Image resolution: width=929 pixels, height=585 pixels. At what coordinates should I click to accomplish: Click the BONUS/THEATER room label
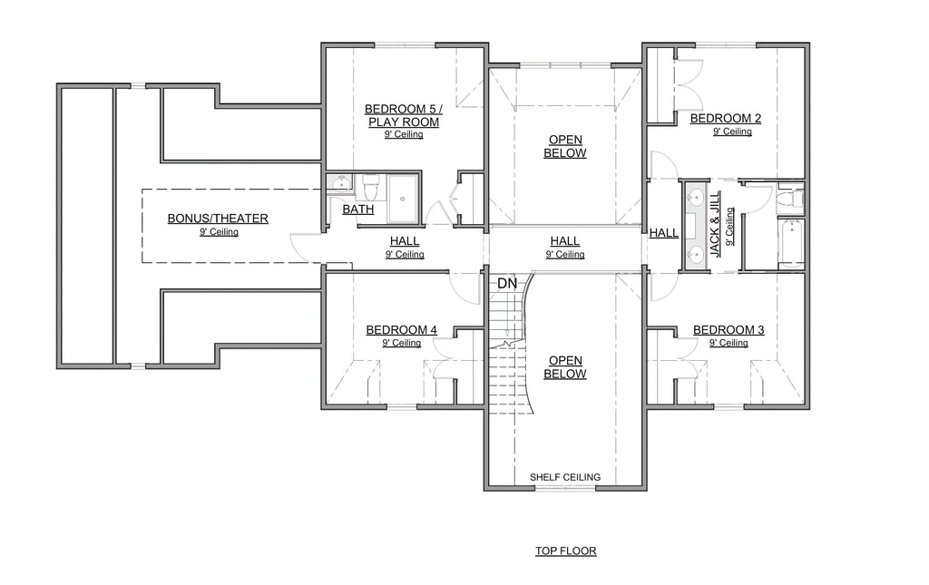[218, 219]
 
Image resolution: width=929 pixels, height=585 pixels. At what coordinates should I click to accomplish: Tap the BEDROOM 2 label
[725, 119]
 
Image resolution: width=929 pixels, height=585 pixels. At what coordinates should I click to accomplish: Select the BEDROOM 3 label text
[729, 330]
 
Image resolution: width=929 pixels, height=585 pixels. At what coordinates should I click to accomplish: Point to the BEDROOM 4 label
[401, 330]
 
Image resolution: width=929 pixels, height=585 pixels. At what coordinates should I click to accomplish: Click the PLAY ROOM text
[404, 122]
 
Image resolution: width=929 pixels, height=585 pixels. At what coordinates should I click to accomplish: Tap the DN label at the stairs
[507, 284]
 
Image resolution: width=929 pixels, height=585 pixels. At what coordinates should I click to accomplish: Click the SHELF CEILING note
[565, 477]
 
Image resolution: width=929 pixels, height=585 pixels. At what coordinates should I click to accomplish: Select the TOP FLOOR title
[566, 551]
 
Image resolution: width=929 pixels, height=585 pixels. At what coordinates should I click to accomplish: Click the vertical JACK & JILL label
[715, 224]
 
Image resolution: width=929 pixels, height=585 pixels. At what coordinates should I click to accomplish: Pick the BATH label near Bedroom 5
[357, 210]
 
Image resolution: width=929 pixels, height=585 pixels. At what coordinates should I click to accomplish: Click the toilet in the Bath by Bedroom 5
[371, 188]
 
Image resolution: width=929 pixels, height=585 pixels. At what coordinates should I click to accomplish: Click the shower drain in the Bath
[403, 199]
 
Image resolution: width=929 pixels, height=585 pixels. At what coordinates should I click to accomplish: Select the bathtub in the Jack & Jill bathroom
[790, 244]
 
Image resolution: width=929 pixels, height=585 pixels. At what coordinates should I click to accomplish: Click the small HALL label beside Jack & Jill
[663, 233]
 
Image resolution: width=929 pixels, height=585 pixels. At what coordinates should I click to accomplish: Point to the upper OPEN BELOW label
[565, 146]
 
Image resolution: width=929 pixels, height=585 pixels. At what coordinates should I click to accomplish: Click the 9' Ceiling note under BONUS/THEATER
[219, 232]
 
